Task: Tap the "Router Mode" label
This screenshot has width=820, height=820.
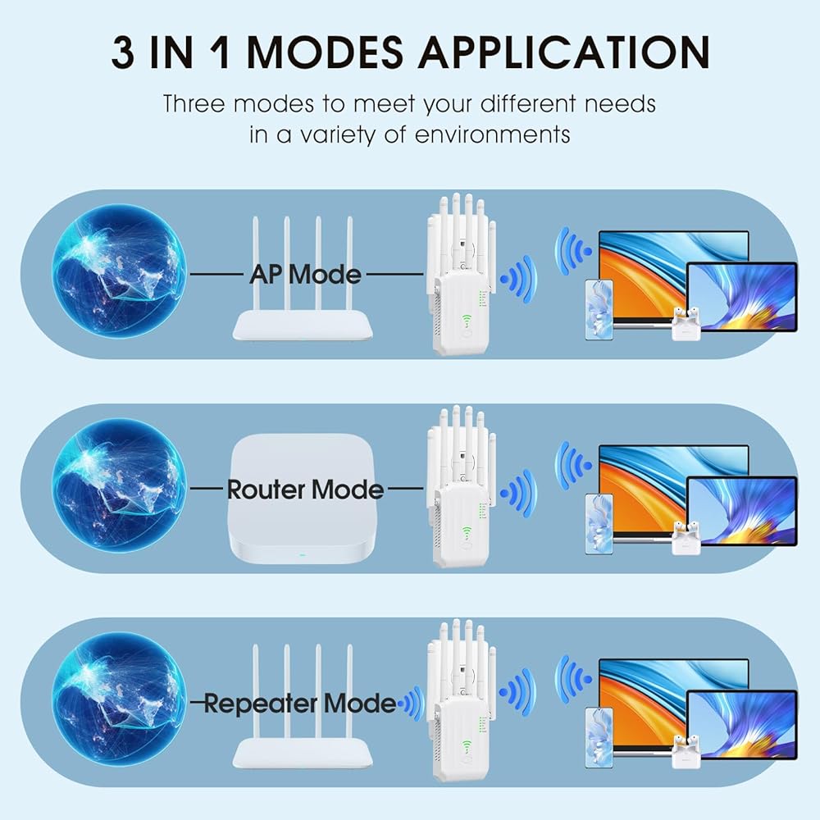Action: [x=305, y=490]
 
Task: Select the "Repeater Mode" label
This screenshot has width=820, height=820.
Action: [x=299, y=703]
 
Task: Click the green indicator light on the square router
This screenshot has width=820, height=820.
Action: [x=303, y=555]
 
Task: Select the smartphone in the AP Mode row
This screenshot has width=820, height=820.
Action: [x=599, y=310]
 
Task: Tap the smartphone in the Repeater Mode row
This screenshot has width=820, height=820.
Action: [x=599, y=738]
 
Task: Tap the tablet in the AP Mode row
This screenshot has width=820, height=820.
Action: [x=741, y=297]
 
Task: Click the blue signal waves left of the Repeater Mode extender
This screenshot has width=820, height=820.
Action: [x=411, y=703]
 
